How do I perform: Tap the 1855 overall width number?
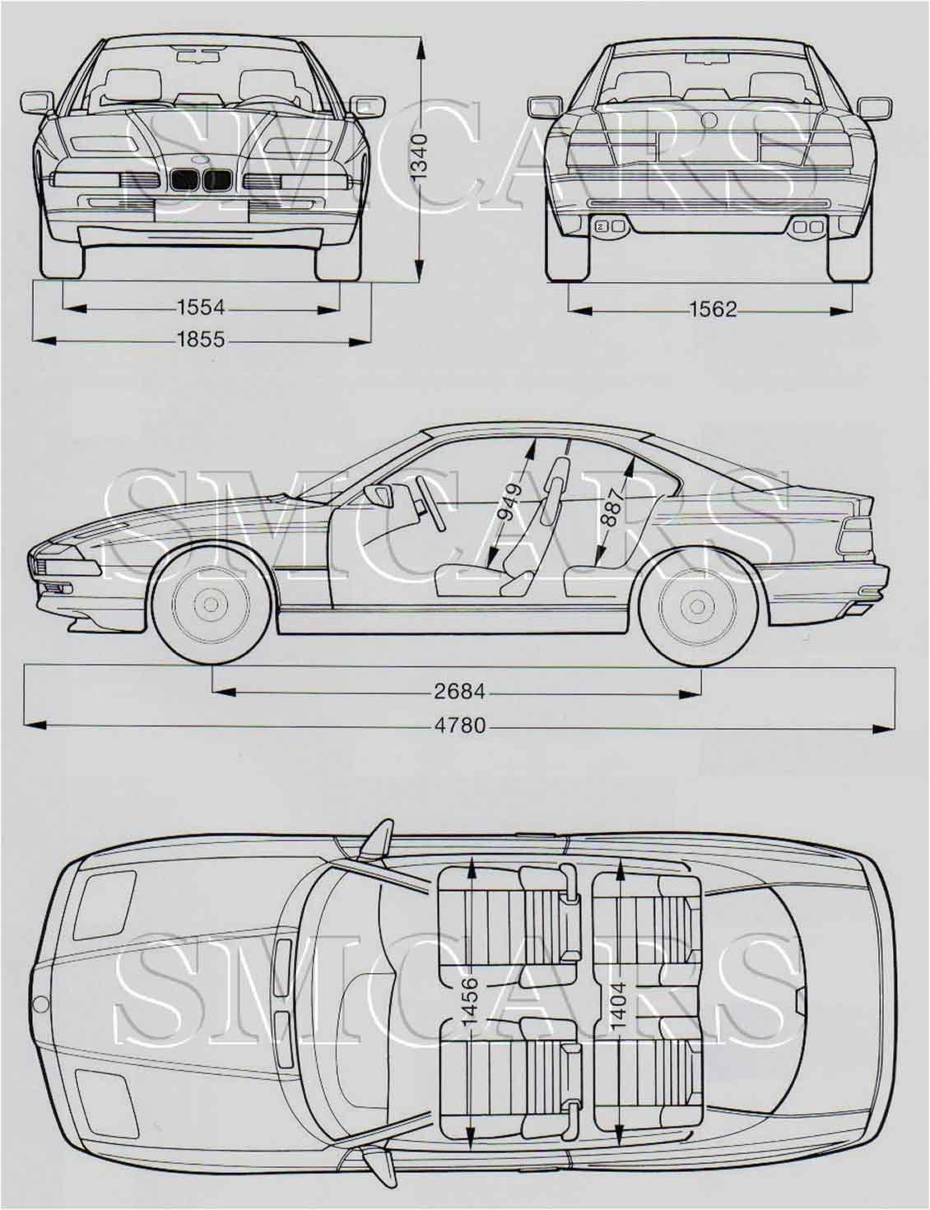201,339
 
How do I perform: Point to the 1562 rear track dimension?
714,309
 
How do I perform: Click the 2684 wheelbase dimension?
459,692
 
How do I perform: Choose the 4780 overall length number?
460,726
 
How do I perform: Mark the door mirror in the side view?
379,494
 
